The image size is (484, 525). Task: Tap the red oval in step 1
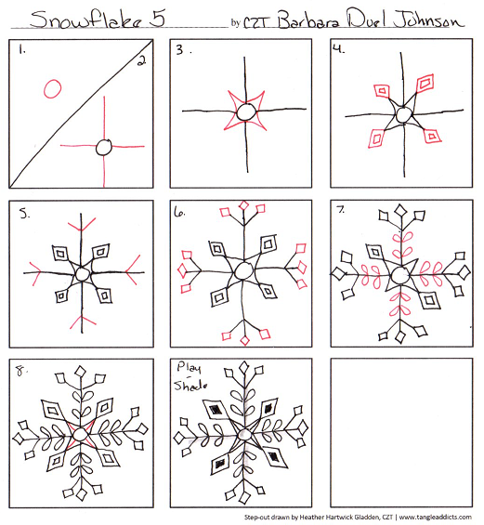coord(52,88)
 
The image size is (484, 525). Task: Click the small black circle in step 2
coord(105,146)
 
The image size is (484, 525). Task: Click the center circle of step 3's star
coord(246,112)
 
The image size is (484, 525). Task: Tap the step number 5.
coord(22,213)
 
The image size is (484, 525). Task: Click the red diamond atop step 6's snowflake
coord(246,205)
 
